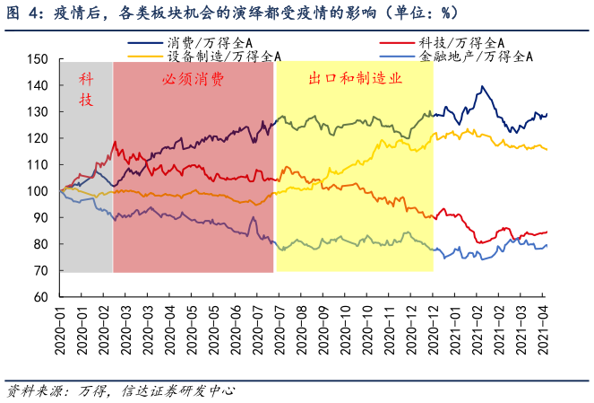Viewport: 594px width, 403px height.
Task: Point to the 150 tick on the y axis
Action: (39, 59)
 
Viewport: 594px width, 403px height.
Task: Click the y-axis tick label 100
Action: (39, 191)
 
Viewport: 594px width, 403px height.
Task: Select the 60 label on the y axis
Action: (42, 297)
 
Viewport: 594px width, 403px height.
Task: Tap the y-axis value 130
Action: (39, 112)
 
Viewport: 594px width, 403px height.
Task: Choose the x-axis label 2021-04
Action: (543, 329)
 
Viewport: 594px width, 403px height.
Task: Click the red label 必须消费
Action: (193, 79)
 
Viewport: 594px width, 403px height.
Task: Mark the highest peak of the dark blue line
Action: (482, 86)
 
